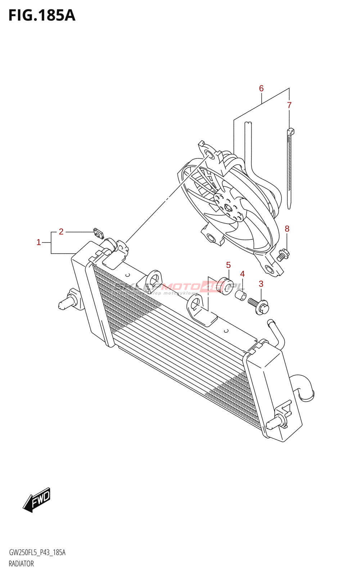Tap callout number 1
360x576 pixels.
tap(39, 242)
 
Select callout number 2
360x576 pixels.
tap(61, 232)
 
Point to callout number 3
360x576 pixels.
tap(261, 284)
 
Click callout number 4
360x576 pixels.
tap(243, 274)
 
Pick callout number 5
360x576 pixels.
tap(228, 265)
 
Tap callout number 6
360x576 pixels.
tap(261, 89)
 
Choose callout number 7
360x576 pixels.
tap(289, 105)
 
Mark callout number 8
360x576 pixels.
tap(287, 229)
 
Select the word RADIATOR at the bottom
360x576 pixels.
tap(21, 564)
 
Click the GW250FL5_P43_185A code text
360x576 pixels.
tap(37, 553)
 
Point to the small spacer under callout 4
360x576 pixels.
tap(241, 296)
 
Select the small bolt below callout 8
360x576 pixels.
tap(283, 254)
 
